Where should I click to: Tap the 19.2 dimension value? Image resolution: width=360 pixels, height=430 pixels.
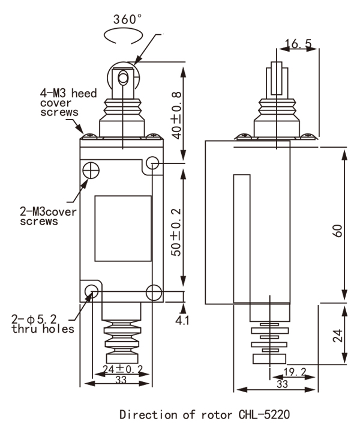tap(295, 372)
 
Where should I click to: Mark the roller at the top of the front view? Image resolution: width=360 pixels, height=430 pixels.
tap(122, 78)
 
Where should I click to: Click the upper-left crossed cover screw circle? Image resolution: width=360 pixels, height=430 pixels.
tap(91, 170)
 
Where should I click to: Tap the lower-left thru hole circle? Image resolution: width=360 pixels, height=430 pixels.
tap(92, 292)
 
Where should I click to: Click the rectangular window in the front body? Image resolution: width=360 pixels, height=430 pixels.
tap(122, 228)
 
